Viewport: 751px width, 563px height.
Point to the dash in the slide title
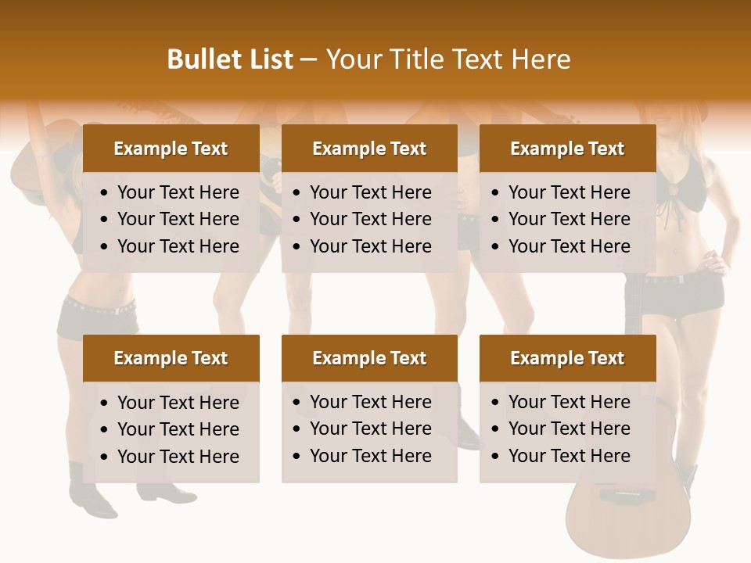pyautogui.click(x=308, y=60)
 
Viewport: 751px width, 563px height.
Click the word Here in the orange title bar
pyautogui.click(x=541, y=59)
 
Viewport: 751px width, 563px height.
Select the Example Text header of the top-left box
pyautogui.click(x=171, y=149)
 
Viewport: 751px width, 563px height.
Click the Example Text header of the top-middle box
pyautogui.click(x=369, y=149)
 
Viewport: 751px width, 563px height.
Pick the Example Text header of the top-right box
pyautogui.click(x=567, y=149)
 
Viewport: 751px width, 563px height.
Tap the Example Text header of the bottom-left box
pyautogui.click(x=171, y=358)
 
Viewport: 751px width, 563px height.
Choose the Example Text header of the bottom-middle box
pyautogui.click(x=369, y=358)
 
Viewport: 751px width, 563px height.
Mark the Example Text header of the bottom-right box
pyautogui.click(x=567, y=358)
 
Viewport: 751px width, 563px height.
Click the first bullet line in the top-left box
pyautogui.click(x=178, y=192)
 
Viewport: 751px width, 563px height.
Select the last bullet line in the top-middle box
pyautogui.click(x=370, y=246)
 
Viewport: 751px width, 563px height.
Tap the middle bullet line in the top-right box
pyautogui.click(x=569, y=219)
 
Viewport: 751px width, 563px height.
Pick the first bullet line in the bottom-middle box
pyautogui.click(x=370, y=402)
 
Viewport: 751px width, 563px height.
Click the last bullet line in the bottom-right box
pyautogui.click(x=569, y=456)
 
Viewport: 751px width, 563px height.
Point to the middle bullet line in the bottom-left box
pyautogui.click(x=178, y=429)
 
